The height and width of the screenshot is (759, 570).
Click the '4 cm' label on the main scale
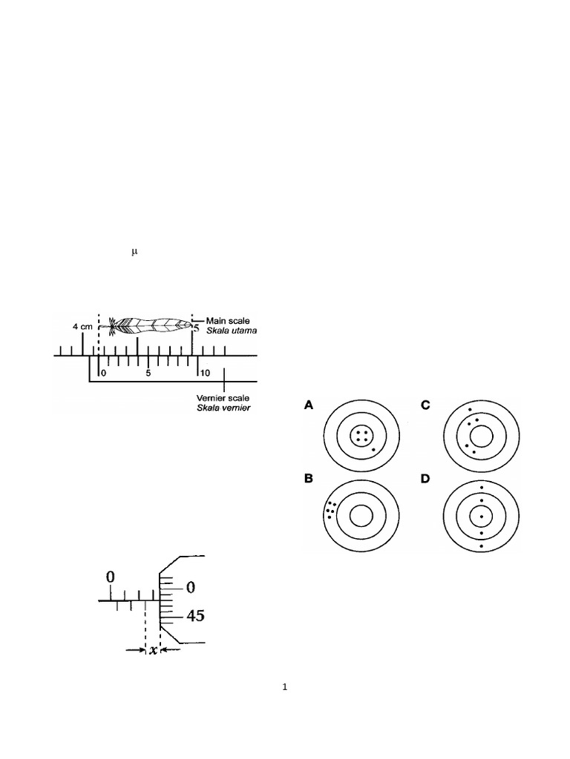click(82, 326)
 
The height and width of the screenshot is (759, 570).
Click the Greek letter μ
click(134, 252)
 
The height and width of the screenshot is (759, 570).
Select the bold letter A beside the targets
click(309, 405)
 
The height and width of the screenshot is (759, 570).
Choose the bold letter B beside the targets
click(309, 478)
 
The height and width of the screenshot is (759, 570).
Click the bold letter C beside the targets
click(425, 405)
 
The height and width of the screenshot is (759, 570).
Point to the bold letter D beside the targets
click(425, 478)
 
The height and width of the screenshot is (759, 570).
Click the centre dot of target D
click(482, 516)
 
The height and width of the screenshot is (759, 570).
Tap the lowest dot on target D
click(482, 546)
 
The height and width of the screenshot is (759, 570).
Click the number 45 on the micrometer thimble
click(191, 616)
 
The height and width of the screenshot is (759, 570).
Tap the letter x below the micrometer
click(153, 650)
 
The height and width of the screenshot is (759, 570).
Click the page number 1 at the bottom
click(285, 687)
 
